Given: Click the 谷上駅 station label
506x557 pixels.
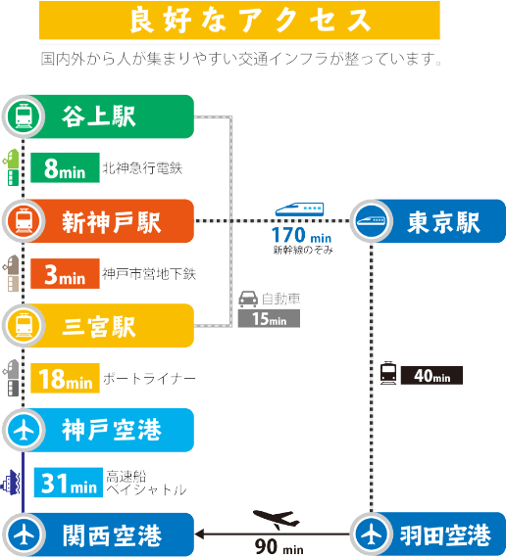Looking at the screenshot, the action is [99, 116].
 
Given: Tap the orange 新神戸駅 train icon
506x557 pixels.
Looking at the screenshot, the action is [24, 221].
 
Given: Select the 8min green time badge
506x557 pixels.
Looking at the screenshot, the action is [65, 167].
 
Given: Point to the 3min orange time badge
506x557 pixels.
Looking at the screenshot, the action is [65, 273].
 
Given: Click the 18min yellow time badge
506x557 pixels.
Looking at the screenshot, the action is [65, 378].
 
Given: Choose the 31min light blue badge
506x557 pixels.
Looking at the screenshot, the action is [69, 483].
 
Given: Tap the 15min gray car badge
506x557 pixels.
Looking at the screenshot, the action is [269, 318].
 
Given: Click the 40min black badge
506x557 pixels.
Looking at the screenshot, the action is [432, 376].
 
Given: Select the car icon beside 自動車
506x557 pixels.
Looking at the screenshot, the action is [248, 299].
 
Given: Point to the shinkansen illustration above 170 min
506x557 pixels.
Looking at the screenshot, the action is [300, 209].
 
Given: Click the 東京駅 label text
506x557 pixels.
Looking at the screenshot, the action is [443, 222].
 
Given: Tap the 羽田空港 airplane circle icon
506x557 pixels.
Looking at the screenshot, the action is [372, 534].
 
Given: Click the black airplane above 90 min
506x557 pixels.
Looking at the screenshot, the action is [277, 520].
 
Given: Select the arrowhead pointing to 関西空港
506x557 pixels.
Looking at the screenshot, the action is [199, 534].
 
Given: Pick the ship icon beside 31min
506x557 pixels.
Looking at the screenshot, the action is [11, 483].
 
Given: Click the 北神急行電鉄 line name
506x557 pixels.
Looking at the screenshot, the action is [142, 168].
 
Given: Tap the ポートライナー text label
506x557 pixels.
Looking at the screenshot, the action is [149, 379].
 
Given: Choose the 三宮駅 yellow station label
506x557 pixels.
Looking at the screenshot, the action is [99, 326].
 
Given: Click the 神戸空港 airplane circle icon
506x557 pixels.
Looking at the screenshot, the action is [24, 430].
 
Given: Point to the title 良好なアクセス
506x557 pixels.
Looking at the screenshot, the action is [250, 21].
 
